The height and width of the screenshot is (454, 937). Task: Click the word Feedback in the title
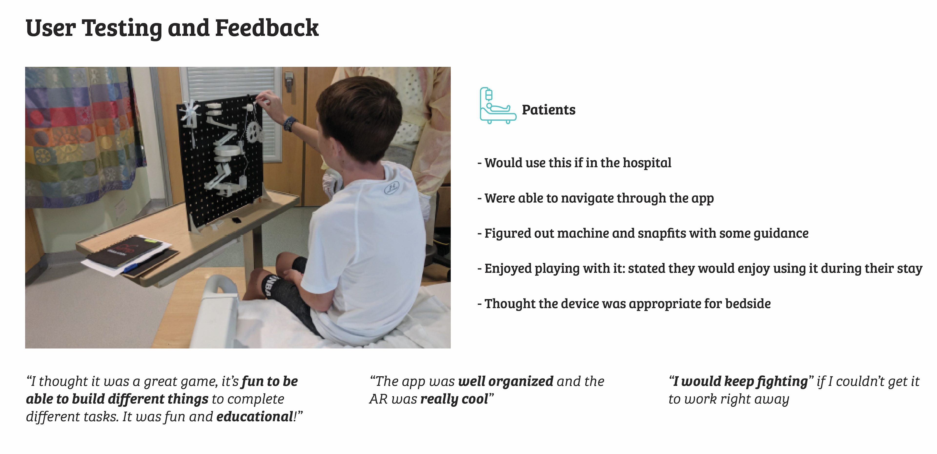[x=267, y=28]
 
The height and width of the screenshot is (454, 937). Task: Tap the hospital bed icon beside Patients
[x=498, y=105]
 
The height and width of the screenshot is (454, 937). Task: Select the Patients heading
[x=549, y=110]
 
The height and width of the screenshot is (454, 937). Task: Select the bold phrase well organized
[x=506, y=381]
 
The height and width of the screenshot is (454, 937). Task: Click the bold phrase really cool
[x=454, y=399]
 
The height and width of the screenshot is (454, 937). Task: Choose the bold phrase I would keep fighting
[x=740, y=381]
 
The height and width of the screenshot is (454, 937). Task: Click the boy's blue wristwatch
[x=290, y=123]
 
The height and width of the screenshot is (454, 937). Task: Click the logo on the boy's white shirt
[x=392, y=187]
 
